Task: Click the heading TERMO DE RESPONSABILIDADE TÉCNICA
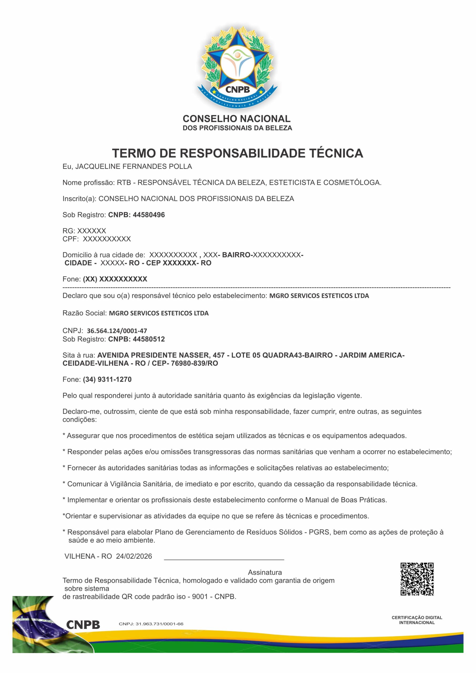237,153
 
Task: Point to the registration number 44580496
149,215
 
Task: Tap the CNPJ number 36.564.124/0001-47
117,331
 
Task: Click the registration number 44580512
149,339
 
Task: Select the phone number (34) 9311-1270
107,379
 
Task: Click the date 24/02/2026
134,556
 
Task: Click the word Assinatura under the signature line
265,572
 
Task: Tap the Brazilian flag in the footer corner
35,627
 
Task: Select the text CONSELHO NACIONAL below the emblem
237,119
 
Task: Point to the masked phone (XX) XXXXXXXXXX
115,279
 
